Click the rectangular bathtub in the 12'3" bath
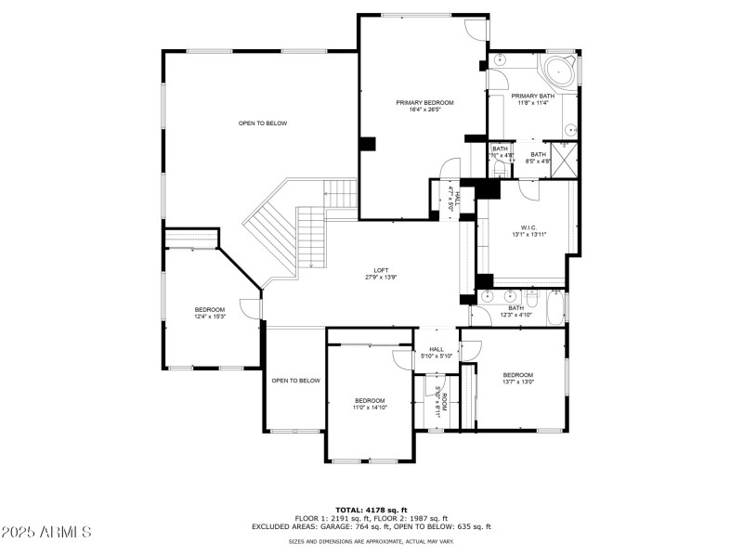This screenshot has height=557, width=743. pos(555,308)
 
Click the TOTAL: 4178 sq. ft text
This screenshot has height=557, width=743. pos(371,510)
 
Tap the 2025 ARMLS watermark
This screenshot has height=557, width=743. pos(46,532)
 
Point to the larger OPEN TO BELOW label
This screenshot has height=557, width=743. pos(263,123)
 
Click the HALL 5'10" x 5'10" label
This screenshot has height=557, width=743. pos(436,353)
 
